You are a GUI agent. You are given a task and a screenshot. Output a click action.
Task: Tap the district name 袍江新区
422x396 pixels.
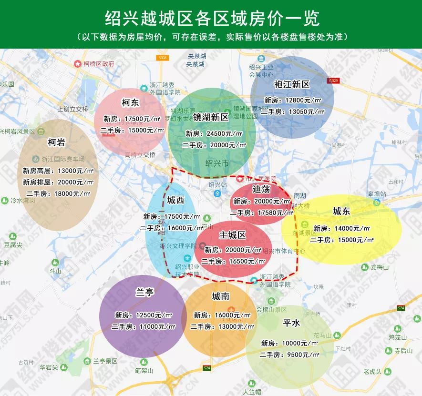point(292,85)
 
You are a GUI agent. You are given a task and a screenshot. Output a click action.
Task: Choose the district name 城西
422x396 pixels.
point(175,201)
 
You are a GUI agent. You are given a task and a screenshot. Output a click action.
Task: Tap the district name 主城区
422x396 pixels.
point(232,235)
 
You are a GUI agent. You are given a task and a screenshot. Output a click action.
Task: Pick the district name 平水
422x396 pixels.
point(291,323)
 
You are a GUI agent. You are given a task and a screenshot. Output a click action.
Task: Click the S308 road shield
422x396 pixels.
point(162,58)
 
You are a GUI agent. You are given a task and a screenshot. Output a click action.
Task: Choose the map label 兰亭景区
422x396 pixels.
point(104,361)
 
